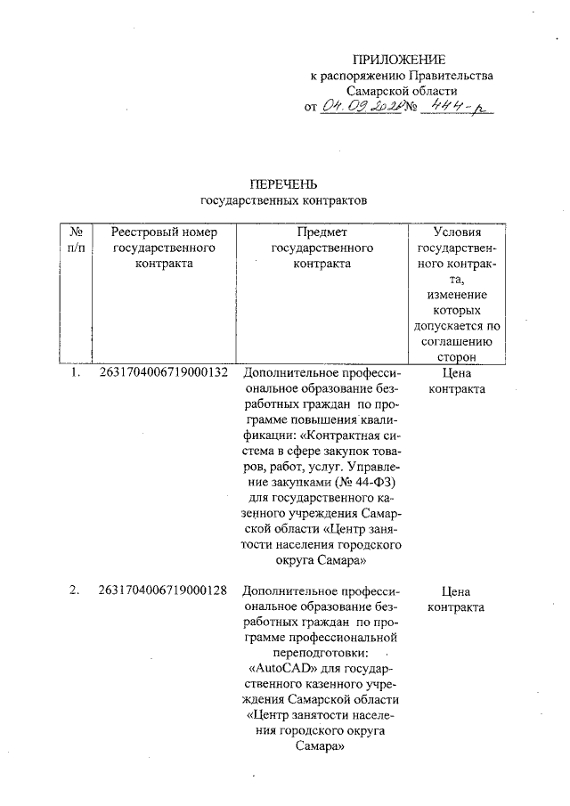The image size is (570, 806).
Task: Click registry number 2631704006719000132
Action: [x=165, y=374]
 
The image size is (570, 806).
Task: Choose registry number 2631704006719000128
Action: [x=165, y=590]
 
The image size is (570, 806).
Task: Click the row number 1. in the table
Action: [x=76, y=374]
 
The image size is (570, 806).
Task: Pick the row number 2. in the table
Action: [x=76, y=590]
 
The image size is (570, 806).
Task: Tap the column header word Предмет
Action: [x=321, y=232]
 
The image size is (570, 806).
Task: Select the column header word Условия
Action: [x=457, y=232]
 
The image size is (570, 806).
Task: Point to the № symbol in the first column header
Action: [x=76, y=232]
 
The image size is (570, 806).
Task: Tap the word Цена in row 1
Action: [x=456, y=374]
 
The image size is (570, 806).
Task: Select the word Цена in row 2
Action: [x=456, y=590]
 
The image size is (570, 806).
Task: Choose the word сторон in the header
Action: [x=457, y=356]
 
